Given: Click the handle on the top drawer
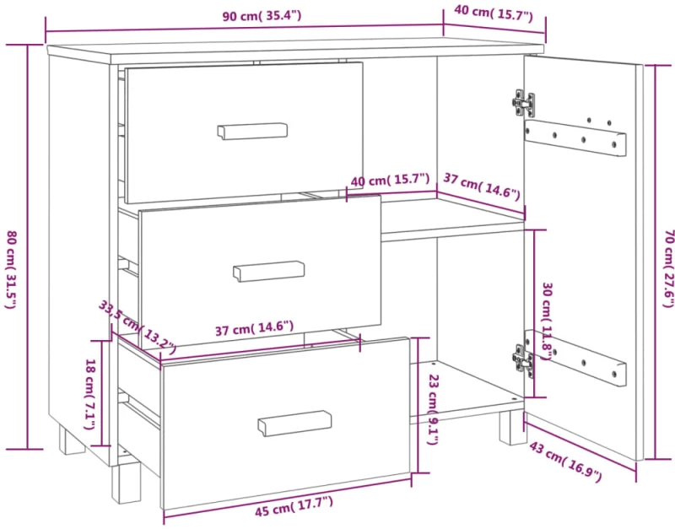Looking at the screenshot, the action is pyautogui.click(x=252, y=132).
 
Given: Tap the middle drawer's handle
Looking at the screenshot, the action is pyautogui.click(x=268, y=271).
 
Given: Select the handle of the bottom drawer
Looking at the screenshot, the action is pyautogui.click(x=294, y=423).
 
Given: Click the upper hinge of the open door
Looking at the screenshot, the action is pyautogui.click(x=524, y=103).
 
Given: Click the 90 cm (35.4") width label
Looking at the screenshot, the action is pyautogui.click(x=262, y=16).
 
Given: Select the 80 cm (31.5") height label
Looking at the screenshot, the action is pyautogui.click(x=11, y=269).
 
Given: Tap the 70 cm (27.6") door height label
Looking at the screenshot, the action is pyautogui.click(x=668, y=268).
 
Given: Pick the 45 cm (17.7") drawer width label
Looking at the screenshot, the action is pyautogui.click(x=294, y=506).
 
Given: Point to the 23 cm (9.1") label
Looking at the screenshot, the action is pyautogui.click(x=433, y=409).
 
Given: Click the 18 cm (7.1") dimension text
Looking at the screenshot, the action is pyautogui.click(x=89, y=394).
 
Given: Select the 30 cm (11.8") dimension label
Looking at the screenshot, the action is pyautogui.click(x=547, y=321).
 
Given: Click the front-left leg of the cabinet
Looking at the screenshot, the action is pyautogui.click(x=126, y=483).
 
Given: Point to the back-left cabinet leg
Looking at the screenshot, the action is pyautogui.click(x=72, y=440).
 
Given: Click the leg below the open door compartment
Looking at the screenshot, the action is pyautogui.click(x=513, y=428).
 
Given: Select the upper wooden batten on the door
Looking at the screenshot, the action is pyautogui.click(x=575, y=138).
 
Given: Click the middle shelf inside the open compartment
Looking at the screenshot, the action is pyautogui.click(x=452, y=220).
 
